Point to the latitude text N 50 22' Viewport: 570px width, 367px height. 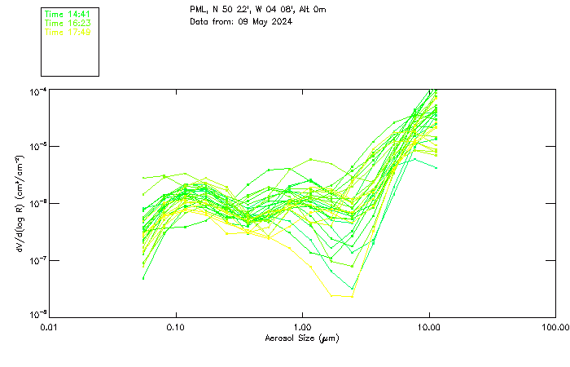pos(235,10)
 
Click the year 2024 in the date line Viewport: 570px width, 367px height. pos(278,21)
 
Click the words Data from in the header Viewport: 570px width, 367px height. pos(208,21)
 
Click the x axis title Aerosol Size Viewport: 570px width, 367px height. pos(291,338)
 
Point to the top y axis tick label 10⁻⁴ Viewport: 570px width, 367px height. pos(37,91)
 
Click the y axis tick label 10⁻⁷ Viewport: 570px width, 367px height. pos(37,260)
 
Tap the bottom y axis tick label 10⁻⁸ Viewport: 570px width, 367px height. pos(37,315)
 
